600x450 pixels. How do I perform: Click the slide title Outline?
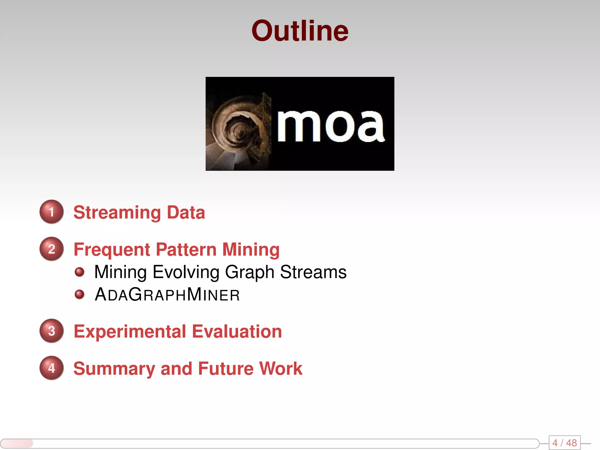point(300,31)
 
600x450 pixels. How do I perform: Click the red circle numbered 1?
point(52,212)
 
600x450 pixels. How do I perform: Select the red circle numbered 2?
point(52,249)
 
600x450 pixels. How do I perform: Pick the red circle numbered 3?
point(52,331)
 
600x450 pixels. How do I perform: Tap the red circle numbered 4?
point(52,368)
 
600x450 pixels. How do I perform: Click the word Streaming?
point(117,213)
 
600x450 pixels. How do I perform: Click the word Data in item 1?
point(186,212)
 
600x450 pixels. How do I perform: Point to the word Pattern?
point(186,250)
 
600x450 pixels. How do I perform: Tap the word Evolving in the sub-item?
point(186,272)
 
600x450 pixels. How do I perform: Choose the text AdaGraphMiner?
point(167,294)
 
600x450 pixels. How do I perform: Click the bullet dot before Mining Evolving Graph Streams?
point(79,272)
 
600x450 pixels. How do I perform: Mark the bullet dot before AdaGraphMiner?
point(79,294)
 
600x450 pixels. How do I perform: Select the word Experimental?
point(130,332)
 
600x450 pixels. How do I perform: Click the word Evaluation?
point(237,331)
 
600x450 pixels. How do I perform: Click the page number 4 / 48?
point(564,443)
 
